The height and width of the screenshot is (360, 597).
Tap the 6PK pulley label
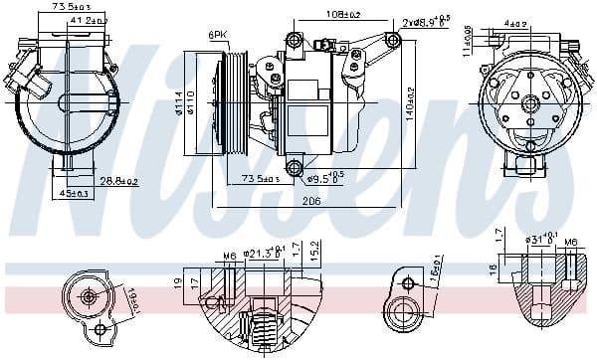point(216,37)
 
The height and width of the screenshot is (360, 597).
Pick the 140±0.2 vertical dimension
point(409,108)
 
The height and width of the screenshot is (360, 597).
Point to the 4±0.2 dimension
point(514,23)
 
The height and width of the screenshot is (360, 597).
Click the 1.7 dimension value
point(497,235)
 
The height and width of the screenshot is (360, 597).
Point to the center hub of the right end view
point(530,102)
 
